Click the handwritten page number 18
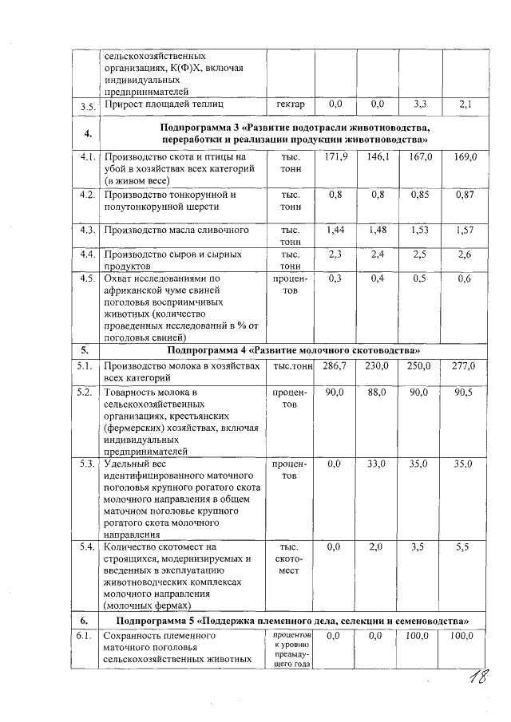tap(480, 679)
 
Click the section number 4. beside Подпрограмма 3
tap(85, 132)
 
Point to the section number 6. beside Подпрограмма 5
tap(84, 620)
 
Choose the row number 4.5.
tap(85, 278)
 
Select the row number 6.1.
tap(84, 636)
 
